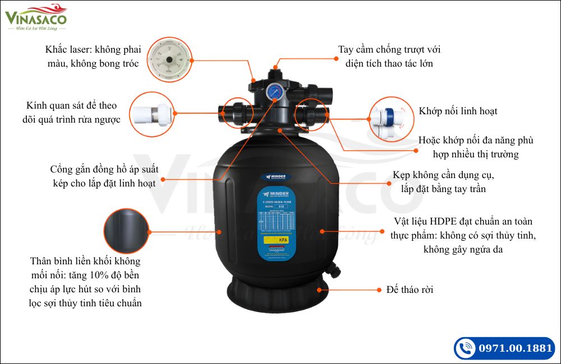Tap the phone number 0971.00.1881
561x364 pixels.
pos(515,348)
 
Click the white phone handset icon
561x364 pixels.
pos(465,348)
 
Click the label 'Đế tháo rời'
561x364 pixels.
pos(410,290)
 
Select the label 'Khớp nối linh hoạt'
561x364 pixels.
pos(458,111)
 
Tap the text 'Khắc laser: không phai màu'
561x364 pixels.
pos(91,50)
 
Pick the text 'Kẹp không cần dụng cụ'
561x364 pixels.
pos(443,175)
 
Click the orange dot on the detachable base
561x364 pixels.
pos(320,290)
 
